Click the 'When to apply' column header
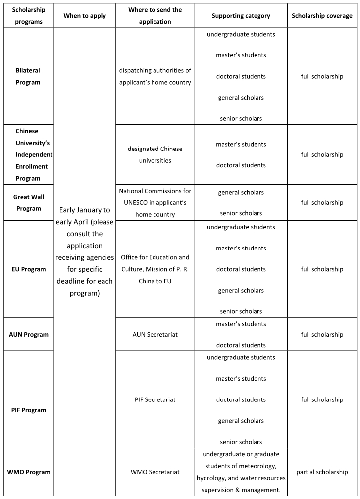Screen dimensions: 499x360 pos(85,16)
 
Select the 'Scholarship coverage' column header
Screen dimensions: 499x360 pos(322,16)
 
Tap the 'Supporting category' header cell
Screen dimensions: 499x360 pos(241,16)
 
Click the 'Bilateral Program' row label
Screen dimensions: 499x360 pos(28,77)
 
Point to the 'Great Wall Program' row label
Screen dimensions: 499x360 pos(29,202)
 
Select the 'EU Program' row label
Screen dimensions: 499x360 pos(29,269)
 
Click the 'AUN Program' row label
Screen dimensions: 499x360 pos(29,334)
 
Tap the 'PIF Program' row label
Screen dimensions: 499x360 pos(29,410)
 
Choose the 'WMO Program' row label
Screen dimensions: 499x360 pos(29,472)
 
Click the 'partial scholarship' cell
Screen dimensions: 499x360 pos(322,472)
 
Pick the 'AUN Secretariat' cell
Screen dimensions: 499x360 pos(155,334)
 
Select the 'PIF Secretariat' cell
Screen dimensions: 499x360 pos(155,399)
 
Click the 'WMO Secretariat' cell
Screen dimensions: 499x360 pos(155,472)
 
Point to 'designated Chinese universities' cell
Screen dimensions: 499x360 pos(155,154)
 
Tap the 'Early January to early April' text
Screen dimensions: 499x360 pos(85,216)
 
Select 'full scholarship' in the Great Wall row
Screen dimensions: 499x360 pos(322,202)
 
